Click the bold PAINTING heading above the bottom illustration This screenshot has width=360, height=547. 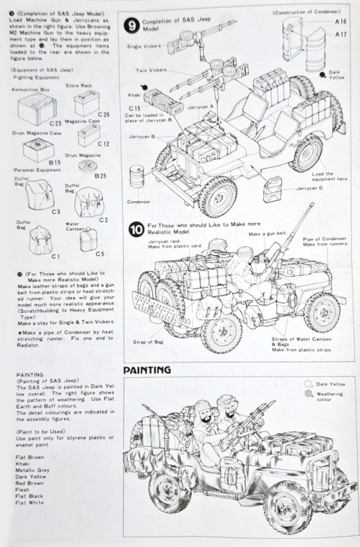pos(146,369)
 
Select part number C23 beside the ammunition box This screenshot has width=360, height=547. pos(55,122)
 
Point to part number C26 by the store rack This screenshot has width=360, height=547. pos(103,114)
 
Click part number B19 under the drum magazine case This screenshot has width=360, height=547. pos(55,161)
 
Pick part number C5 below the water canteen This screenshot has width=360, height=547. pos(99,254)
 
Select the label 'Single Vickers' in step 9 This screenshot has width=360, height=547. pos(144,47)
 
